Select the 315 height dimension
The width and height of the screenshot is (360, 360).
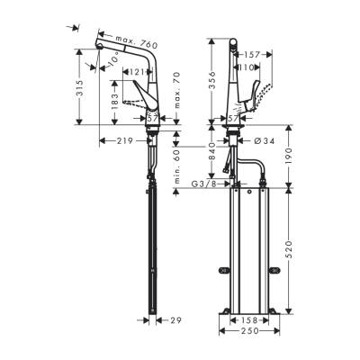81,88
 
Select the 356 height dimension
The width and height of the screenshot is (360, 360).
212,83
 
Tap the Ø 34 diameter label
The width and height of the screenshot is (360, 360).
264,140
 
